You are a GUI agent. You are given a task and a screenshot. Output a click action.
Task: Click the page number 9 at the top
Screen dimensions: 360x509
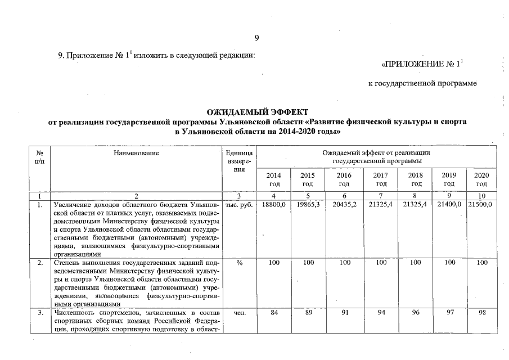click(256, 38)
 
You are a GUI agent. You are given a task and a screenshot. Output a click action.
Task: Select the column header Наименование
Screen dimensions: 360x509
click(136, 152)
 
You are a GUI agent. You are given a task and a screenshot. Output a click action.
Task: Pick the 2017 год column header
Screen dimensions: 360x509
click(381, 179)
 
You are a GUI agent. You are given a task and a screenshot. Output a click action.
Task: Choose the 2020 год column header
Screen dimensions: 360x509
click(481, 179)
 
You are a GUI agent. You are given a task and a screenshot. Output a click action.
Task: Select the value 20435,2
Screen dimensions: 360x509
click(344, 204)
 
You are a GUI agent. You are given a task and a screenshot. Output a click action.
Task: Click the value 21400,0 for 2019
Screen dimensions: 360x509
click(448, 204)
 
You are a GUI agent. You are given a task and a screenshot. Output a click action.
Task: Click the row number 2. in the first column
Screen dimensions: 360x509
click(39, 263)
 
